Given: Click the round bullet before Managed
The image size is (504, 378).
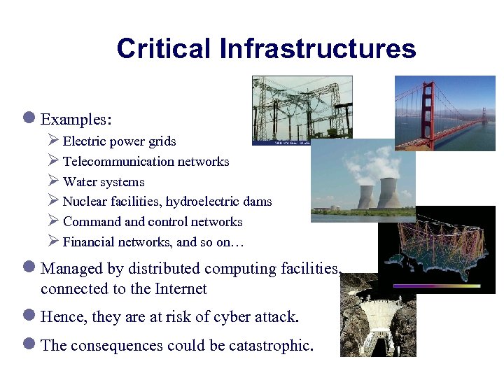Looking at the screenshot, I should [x=31, y=268].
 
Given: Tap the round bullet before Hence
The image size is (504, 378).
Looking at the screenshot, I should [x=31, y=316].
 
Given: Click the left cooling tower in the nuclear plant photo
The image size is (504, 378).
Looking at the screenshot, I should [x=365, y=197].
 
